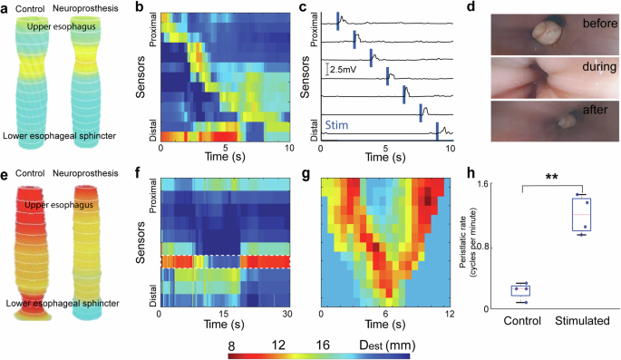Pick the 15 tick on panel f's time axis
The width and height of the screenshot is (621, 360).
click(x=224, y=314)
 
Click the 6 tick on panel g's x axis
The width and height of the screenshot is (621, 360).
click(x=384, y=314)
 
